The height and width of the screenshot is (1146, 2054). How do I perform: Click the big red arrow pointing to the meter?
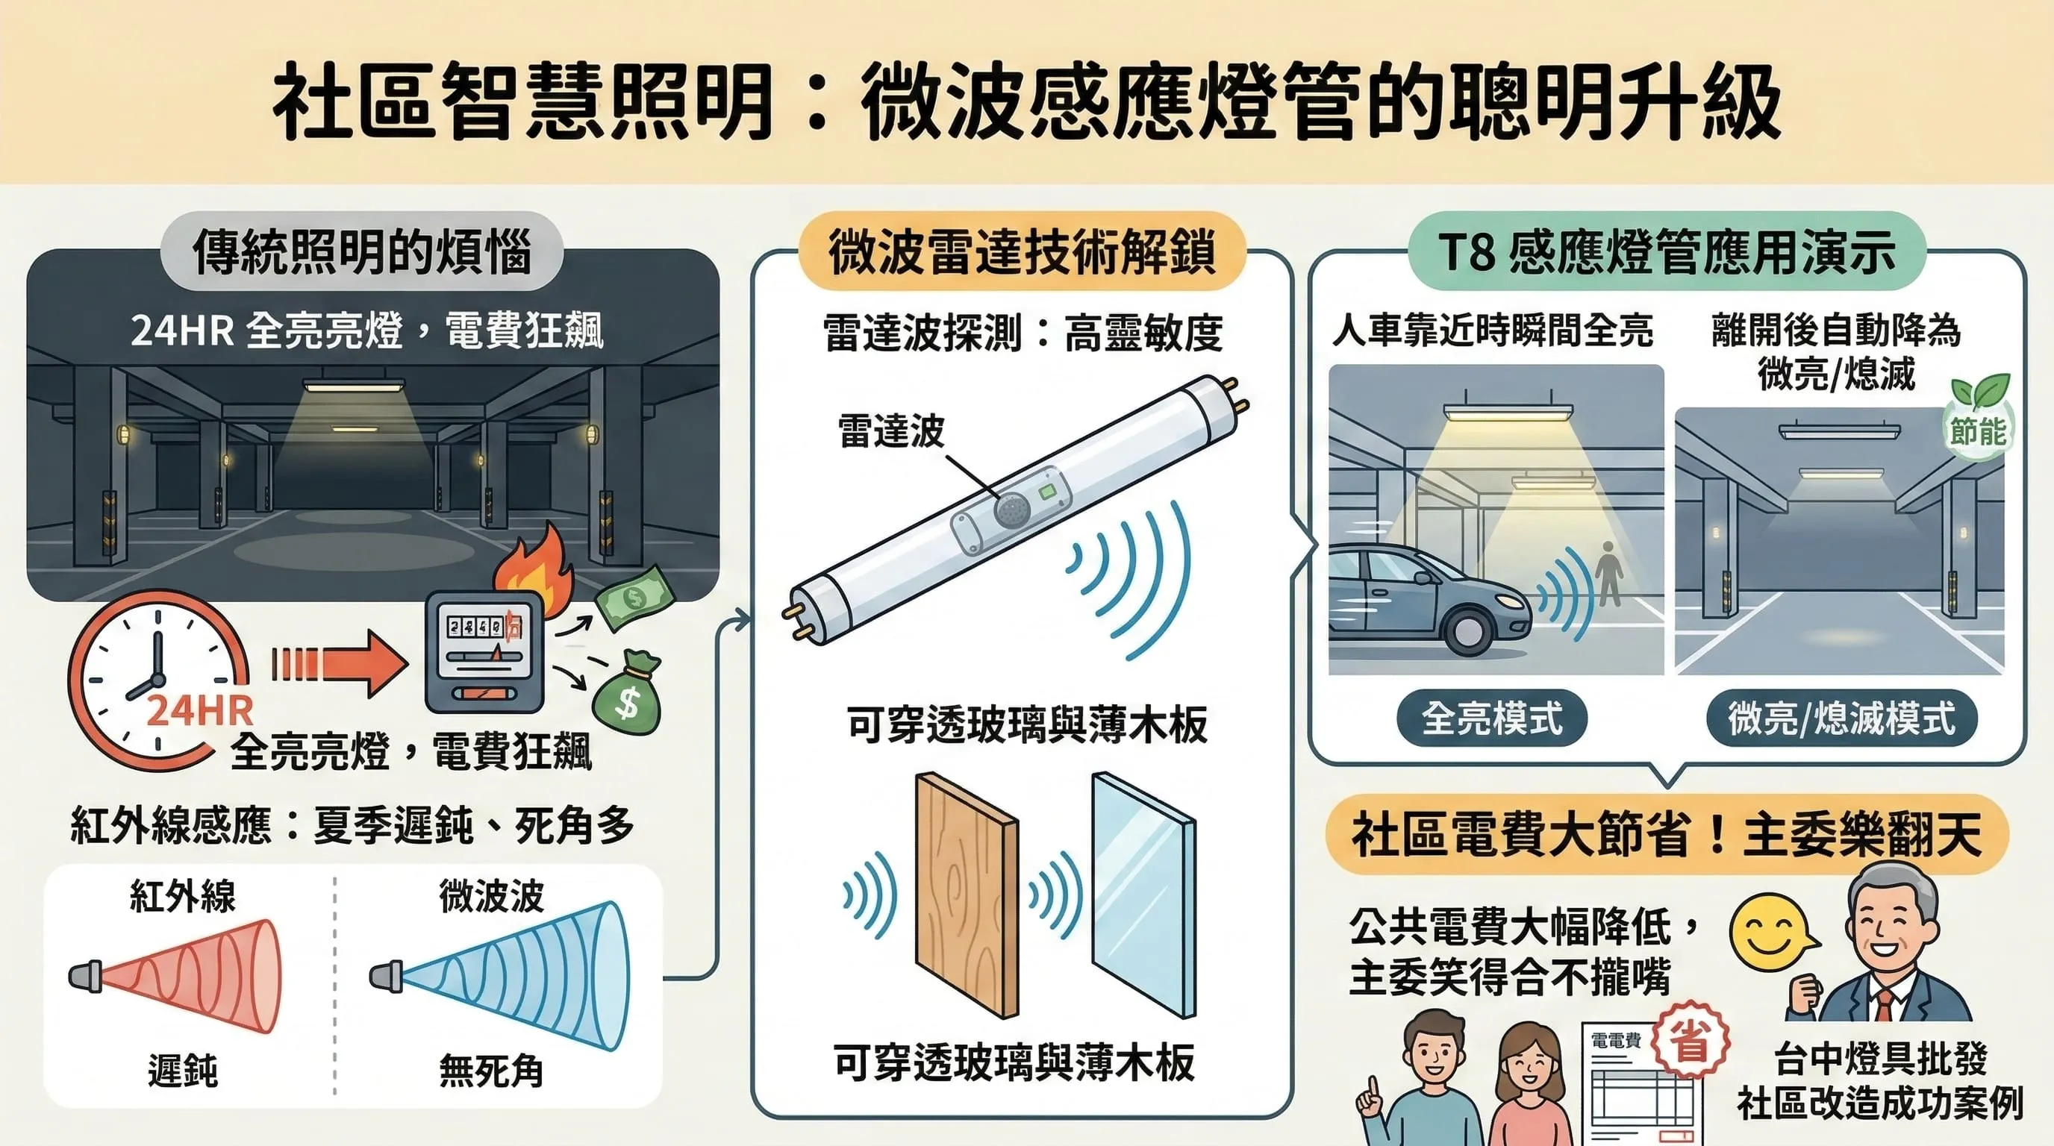pos(343,663)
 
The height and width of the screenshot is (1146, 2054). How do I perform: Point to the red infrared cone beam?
pos(207,976)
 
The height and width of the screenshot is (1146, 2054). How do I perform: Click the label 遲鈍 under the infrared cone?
pos(183,1071)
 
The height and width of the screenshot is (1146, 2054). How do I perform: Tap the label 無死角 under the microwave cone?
pos(491,1071)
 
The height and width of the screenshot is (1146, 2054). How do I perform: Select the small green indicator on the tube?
pos(1048,492)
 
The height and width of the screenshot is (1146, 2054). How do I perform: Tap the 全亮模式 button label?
pos(1492,718)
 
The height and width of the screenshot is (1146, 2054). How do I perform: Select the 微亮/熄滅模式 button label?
pos(1841,718)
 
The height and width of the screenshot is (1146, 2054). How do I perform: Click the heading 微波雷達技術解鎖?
pos(1022,253)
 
